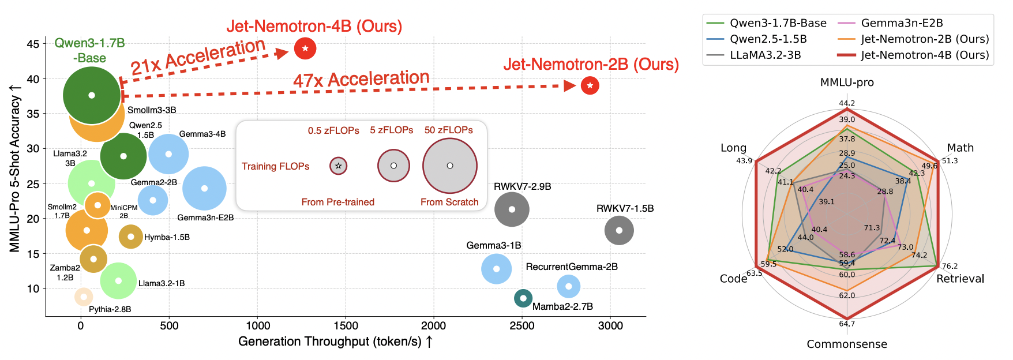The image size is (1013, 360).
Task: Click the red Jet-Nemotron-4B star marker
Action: pos(305,48)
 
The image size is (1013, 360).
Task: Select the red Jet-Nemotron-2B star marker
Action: pos(590,85)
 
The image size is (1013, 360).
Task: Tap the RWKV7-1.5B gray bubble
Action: pos(619,230)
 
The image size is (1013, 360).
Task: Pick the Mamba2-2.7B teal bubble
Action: pos(523,298)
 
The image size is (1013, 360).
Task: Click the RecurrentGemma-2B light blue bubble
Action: pos(569,286)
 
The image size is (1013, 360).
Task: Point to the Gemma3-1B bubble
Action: pos(496,269)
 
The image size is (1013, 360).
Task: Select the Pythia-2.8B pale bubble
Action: pos(84,297)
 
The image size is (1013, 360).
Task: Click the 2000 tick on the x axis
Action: pos(433,326)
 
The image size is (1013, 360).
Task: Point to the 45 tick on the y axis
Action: pos(33,44)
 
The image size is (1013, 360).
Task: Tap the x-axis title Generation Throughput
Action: pos(335,342)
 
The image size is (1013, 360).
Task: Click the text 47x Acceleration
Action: pos(361,80)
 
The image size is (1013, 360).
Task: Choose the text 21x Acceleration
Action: pos(197,57)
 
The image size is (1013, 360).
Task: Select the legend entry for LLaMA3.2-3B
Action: pos(765,55)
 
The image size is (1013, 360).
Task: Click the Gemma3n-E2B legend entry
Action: pos(902,23)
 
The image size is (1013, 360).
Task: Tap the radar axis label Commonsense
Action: pos(847,344)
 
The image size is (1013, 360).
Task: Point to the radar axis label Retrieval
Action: pos(960,279)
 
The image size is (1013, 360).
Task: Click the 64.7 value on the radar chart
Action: pos(847,324)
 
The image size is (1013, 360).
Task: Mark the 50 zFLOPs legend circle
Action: pos(450,166)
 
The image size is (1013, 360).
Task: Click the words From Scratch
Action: pos(449,202)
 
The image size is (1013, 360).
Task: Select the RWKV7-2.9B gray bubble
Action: pos(512,209)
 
